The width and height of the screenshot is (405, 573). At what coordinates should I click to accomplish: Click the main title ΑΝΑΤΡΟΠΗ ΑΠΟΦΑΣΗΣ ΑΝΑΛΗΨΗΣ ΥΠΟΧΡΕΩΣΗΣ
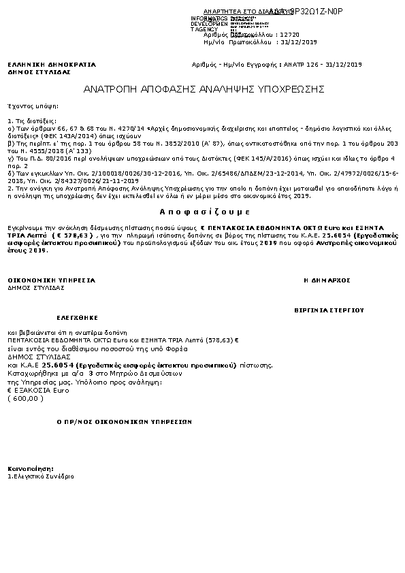click(204, 89)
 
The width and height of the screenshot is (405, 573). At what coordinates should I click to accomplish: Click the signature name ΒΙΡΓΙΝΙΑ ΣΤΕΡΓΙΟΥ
click(329, 310)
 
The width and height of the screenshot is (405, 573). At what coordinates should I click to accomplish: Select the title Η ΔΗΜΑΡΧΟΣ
click(327, 280)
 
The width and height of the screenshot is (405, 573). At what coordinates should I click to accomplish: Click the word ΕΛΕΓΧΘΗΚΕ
click(77, 317)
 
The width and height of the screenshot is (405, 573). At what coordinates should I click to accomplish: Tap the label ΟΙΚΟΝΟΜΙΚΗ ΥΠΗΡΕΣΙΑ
click(52, 280)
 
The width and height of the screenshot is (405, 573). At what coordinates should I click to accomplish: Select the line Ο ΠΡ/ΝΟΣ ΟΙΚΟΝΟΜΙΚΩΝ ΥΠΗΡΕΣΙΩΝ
click(123, 422)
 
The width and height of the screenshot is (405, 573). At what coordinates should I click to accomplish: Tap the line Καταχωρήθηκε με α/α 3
click(95, 374)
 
